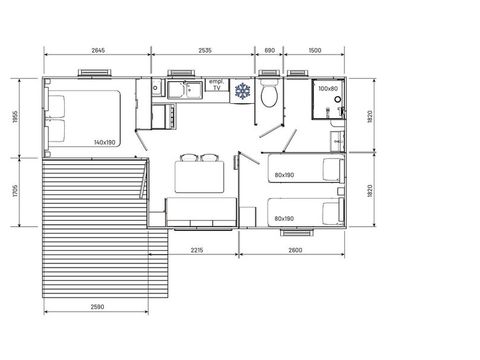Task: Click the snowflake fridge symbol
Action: (242, 91)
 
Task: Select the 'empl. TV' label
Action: (217, 85)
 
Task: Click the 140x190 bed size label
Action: (105, 142)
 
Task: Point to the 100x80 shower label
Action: (328, 89)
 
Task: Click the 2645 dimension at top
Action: (98, 50)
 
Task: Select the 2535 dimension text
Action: (205, 50)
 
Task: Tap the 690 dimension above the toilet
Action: (269, 50)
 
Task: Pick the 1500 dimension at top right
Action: (315, 50)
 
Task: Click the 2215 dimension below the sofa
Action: (197, 250)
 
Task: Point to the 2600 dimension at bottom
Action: (295, 250)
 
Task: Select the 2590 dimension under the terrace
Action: (97, 307)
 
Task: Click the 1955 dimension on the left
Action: (15, 117)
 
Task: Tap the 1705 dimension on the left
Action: (15, 192)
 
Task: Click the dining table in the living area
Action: (199, 177)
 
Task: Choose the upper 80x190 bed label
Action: (284, 175)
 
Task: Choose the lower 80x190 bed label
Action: (284, 219)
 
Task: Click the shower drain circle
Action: (338, 99)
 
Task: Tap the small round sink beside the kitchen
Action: (155, 88)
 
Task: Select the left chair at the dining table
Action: (189, 157)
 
